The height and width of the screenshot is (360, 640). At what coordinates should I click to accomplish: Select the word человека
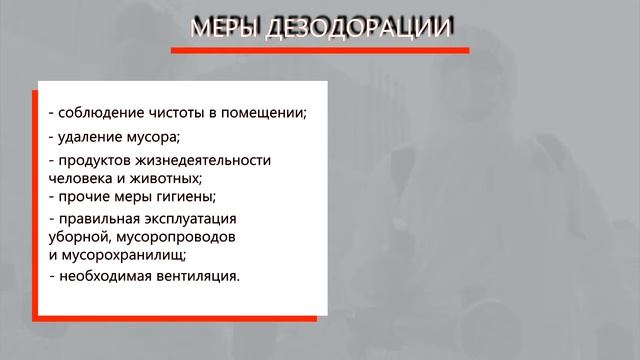78,177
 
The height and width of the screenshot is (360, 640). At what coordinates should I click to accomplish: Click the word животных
171,177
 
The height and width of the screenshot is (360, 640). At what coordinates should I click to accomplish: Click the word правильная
98,218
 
